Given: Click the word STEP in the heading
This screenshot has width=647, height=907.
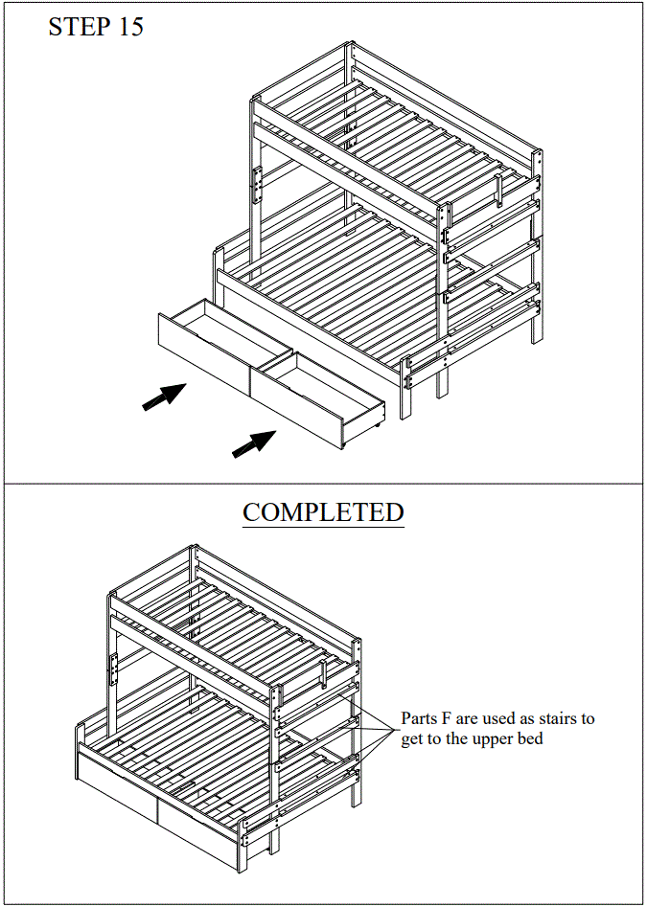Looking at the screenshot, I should click(80, 27).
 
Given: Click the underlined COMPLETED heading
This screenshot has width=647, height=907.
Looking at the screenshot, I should click(323, 512).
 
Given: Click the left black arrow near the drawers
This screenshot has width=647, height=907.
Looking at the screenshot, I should click(164, 397).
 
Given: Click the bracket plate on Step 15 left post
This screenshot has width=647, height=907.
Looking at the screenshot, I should click(257, 185).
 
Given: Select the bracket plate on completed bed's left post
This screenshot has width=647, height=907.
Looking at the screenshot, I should click(114, 668).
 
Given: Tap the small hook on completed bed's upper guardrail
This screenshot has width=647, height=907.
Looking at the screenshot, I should click(326, 674).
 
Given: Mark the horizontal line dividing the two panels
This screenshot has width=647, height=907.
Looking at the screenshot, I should click(323, 484).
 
